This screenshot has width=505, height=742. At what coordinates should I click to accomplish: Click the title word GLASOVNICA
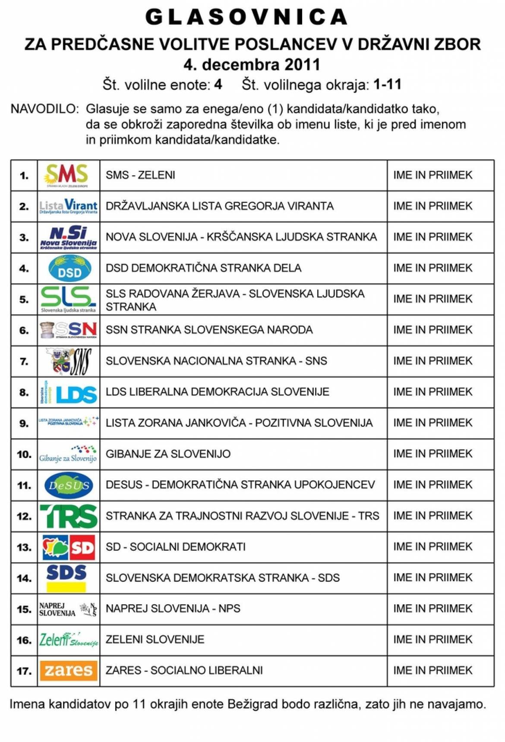click(247, 18)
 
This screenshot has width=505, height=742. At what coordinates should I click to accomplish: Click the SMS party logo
click(68, 175)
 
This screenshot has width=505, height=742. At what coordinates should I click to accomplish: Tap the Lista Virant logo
click(68, 206)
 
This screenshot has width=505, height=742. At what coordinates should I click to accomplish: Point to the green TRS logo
click(69, 516)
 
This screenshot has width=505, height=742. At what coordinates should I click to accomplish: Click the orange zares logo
click(69, 670)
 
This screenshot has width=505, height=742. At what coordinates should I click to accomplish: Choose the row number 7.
click(24, 361)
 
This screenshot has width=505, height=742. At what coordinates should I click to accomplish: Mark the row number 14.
click(24, 578)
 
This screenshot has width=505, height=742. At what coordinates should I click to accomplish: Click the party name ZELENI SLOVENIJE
click(155, 639)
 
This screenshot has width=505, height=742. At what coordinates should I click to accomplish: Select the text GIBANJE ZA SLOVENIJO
click(168, 454)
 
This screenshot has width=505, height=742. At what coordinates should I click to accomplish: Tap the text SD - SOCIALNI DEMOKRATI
click(176, 547)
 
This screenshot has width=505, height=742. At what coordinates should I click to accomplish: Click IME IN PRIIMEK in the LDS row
click(432, 392)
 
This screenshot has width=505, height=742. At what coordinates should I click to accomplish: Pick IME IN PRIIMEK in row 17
click(432, 670)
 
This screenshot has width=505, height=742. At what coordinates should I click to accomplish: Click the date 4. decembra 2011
click(252, 65)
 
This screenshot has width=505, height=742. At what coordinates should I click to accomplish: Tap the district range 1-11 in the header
click(387, 85)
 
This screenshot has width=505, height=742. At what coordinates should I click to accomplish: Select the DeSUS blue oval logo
click(69, 485)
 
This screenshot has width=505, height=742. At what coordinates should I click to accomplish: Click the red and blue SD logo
click(69, 547)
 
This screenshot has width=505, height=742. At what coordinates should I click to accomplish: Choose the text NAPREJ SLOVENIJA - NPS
click(173, 609)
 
